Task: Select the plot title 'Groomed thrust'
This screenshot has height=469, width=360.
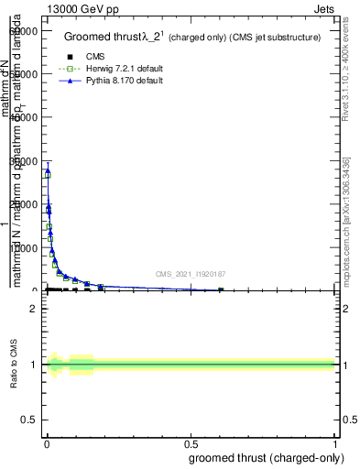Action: point(102,38)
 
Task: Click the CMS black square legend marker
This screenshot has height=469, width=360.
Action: point(70,57)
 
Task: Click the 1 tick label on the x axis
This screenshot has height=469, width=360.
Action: point(335,445)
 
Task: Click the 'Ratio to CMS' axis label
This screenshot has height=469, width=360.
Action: point(15,365)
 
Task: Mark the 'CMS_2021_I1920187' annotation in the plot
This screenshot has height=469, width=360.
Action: point(191,274)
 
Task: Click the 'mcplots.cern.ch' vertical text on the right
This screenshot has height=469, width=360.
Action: point(346,236)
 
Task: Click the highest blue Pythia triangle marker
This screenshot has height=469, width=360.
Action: point(48,171)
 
